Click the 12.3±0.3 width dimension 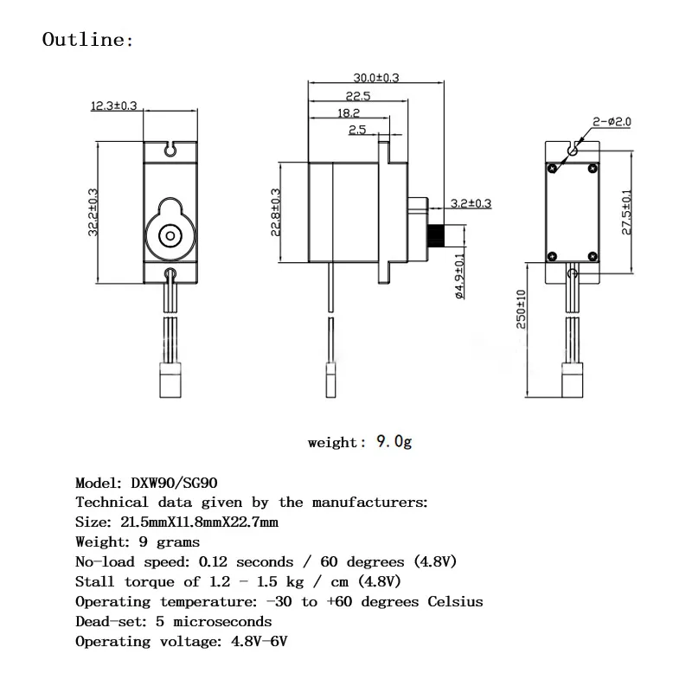click(114, 106)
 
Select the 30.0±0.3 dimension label click(376, 78)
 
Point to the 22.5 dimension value click(357, 96)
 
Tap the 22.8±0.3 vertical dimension click(276, 212)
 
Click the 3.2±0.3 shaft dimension click(471, 204)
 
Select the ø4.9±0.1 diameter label click(459, 275)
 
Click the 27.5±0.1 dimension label click(626, 212)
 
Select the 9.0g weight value click(394, 442)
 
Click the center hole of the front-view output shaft click(170, 234)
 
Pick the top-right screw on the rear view click(592, 168)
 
